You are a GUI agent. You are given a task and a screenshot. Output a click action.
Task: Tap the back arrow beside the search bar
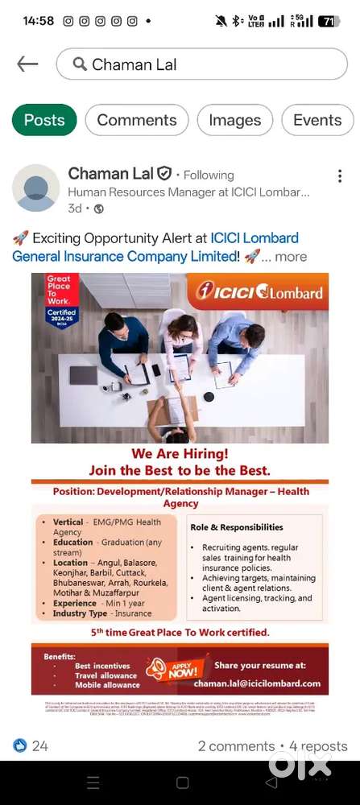[x=27, y=64]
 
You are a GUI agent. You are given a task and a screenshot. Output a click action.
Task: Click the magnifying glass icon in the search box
[x=80, y=64]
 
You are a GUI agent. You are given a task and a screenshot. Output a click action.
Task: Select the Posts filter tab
[x=44, y=120]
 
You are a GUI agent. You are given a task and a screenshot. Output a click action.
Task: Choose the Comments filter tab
[x=137, y=120]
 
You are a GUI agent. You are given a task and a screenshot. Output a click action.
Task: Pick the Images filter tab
[x=234, y=120]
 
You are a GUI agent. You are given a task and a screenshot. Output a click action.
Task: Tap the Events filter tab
[x=317, y=120]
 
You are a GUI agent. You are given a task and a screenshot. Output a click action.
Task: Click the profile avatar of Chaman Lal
[x=36, y=188]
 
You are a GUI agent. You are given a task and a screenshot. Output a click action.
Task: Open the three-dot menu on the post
[x=340, y=176]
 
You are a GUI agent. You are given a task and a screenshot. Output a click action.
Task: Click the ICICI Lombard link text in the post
[x=254, y=238]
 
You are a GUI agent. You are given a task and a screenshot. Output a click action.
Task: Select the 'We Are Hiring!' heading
[x=180, y=454]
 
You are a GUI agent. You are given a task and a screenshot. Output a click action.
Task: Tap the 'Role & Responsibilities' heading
[x=237, y=527]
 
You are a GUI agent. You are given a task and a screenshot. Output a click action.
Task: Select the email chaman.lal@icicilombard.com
[x=257, y=683]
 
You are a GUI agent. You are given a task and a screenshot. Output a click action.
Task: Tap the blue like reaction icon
[x=20, y=745]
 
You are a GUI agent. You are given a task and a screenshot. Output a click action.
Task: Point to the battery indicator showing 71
[x=328, y=21]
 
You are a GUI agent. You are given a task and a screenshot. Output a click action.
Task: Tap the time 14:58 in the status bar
[x=38, y=21]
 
